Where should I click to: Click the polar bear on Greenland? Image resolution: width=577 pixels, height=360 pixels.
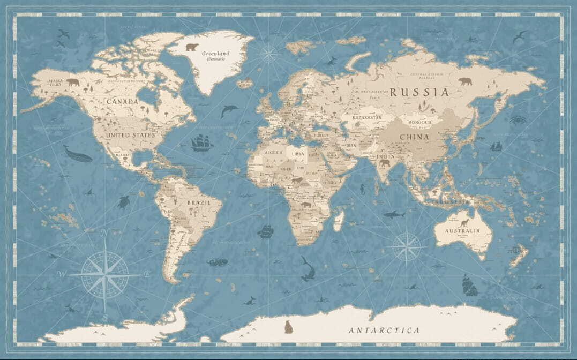point(192,47)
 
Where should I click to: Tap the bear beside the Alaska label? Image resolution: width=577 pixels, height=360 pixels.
point(72,82)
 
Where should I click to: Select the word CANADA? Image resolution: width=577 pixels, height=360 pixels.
point(122,101)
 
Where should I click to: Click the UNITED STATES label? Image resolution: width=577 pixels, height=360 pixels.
point(130,135)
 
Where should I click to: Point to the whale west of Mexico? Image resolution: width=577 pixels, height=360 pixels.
point(77,154)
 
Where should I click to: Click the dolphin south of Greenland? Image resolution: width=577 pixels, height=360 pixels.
point(229,110)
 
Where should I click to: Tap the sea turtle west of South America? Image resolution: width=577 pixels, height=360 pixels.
point(124,202)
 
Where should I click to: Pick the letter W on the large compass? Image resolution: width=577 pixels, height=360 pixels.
point(61,274)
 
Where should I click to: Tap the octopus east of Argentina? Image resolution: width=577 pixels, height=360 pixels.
point(218,262)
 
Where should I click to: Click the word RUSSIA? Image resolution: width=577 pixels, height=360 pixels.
point(419,92)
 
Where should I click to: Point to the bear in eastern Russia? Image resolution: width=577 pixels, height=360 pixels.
point(465,81)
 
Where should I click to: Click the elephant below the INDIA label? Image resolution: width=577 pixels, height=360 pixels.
point(385,163)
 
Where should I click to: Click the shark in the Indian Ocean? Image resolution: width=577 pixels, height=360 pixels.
point(394,214)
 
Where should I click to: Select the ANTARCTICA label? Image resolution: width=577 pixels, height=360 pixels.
point(384,330)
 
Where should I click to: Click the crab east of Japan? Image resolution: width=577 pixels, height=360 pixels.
point(518,119)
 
